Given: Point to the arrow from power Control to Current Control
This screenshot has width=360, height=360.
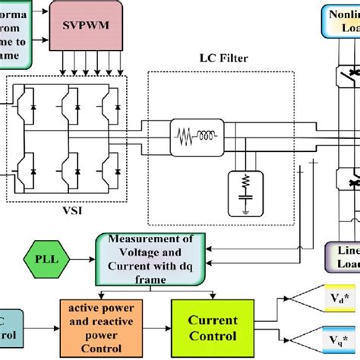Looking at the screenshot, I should coord(159,328).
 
